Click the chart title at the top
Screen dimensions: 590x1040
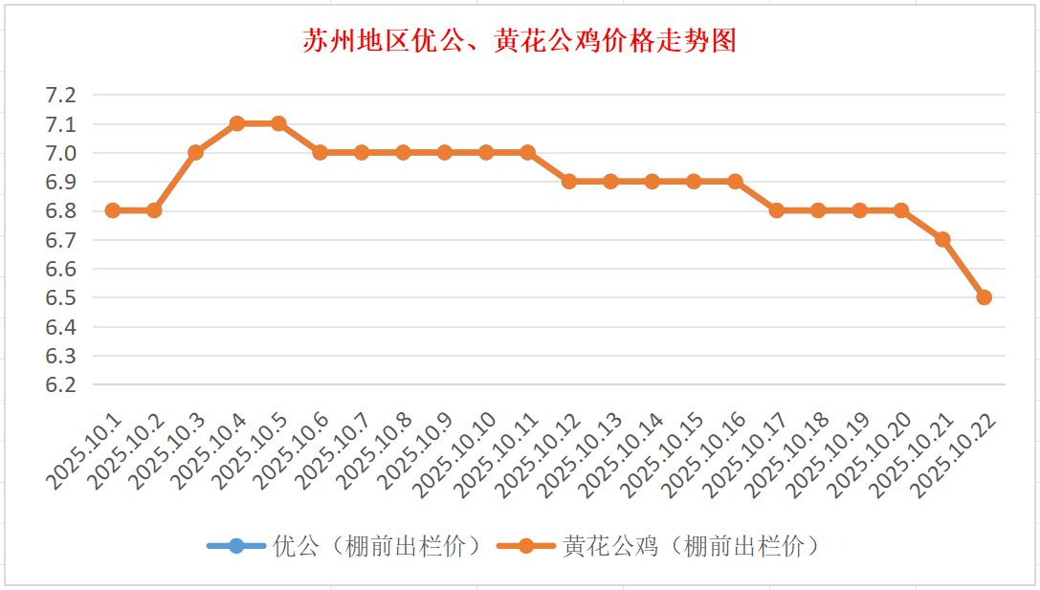click(520, 41)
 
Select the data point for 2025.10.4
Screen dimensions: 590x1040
click(237, 123)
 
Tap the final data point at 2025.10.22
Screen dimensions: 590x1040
click(984, 297)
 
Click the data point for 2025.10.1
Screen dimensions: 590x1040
click(113, 210)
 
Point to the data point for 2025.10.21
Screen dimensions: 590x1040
click(942, 239)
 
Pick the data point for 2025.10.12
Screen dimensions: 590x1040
click(569, 181)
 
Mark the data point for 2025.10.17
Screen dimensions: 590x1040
click(777, 210)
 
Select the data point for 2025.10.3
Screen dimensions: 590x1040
click(196, 152)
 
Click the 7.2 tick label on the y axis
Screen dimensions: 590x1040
click(60, 95)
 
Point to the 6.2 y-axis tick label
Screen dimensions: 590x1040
click(60, 384)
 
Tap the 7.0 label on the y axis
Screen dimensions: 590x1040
click(60, 153)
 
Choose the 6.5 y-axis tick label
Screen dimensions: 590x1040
click(60, 297)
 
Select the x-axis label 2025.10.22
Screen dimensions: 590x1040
click(954, 455)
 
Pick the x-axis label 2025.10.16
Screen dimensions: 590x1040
click(705, 455)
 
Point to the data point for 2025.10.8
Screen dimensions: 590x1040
click(403, 152)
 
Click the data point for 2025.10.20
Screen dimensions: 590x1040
click(900, 210)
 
